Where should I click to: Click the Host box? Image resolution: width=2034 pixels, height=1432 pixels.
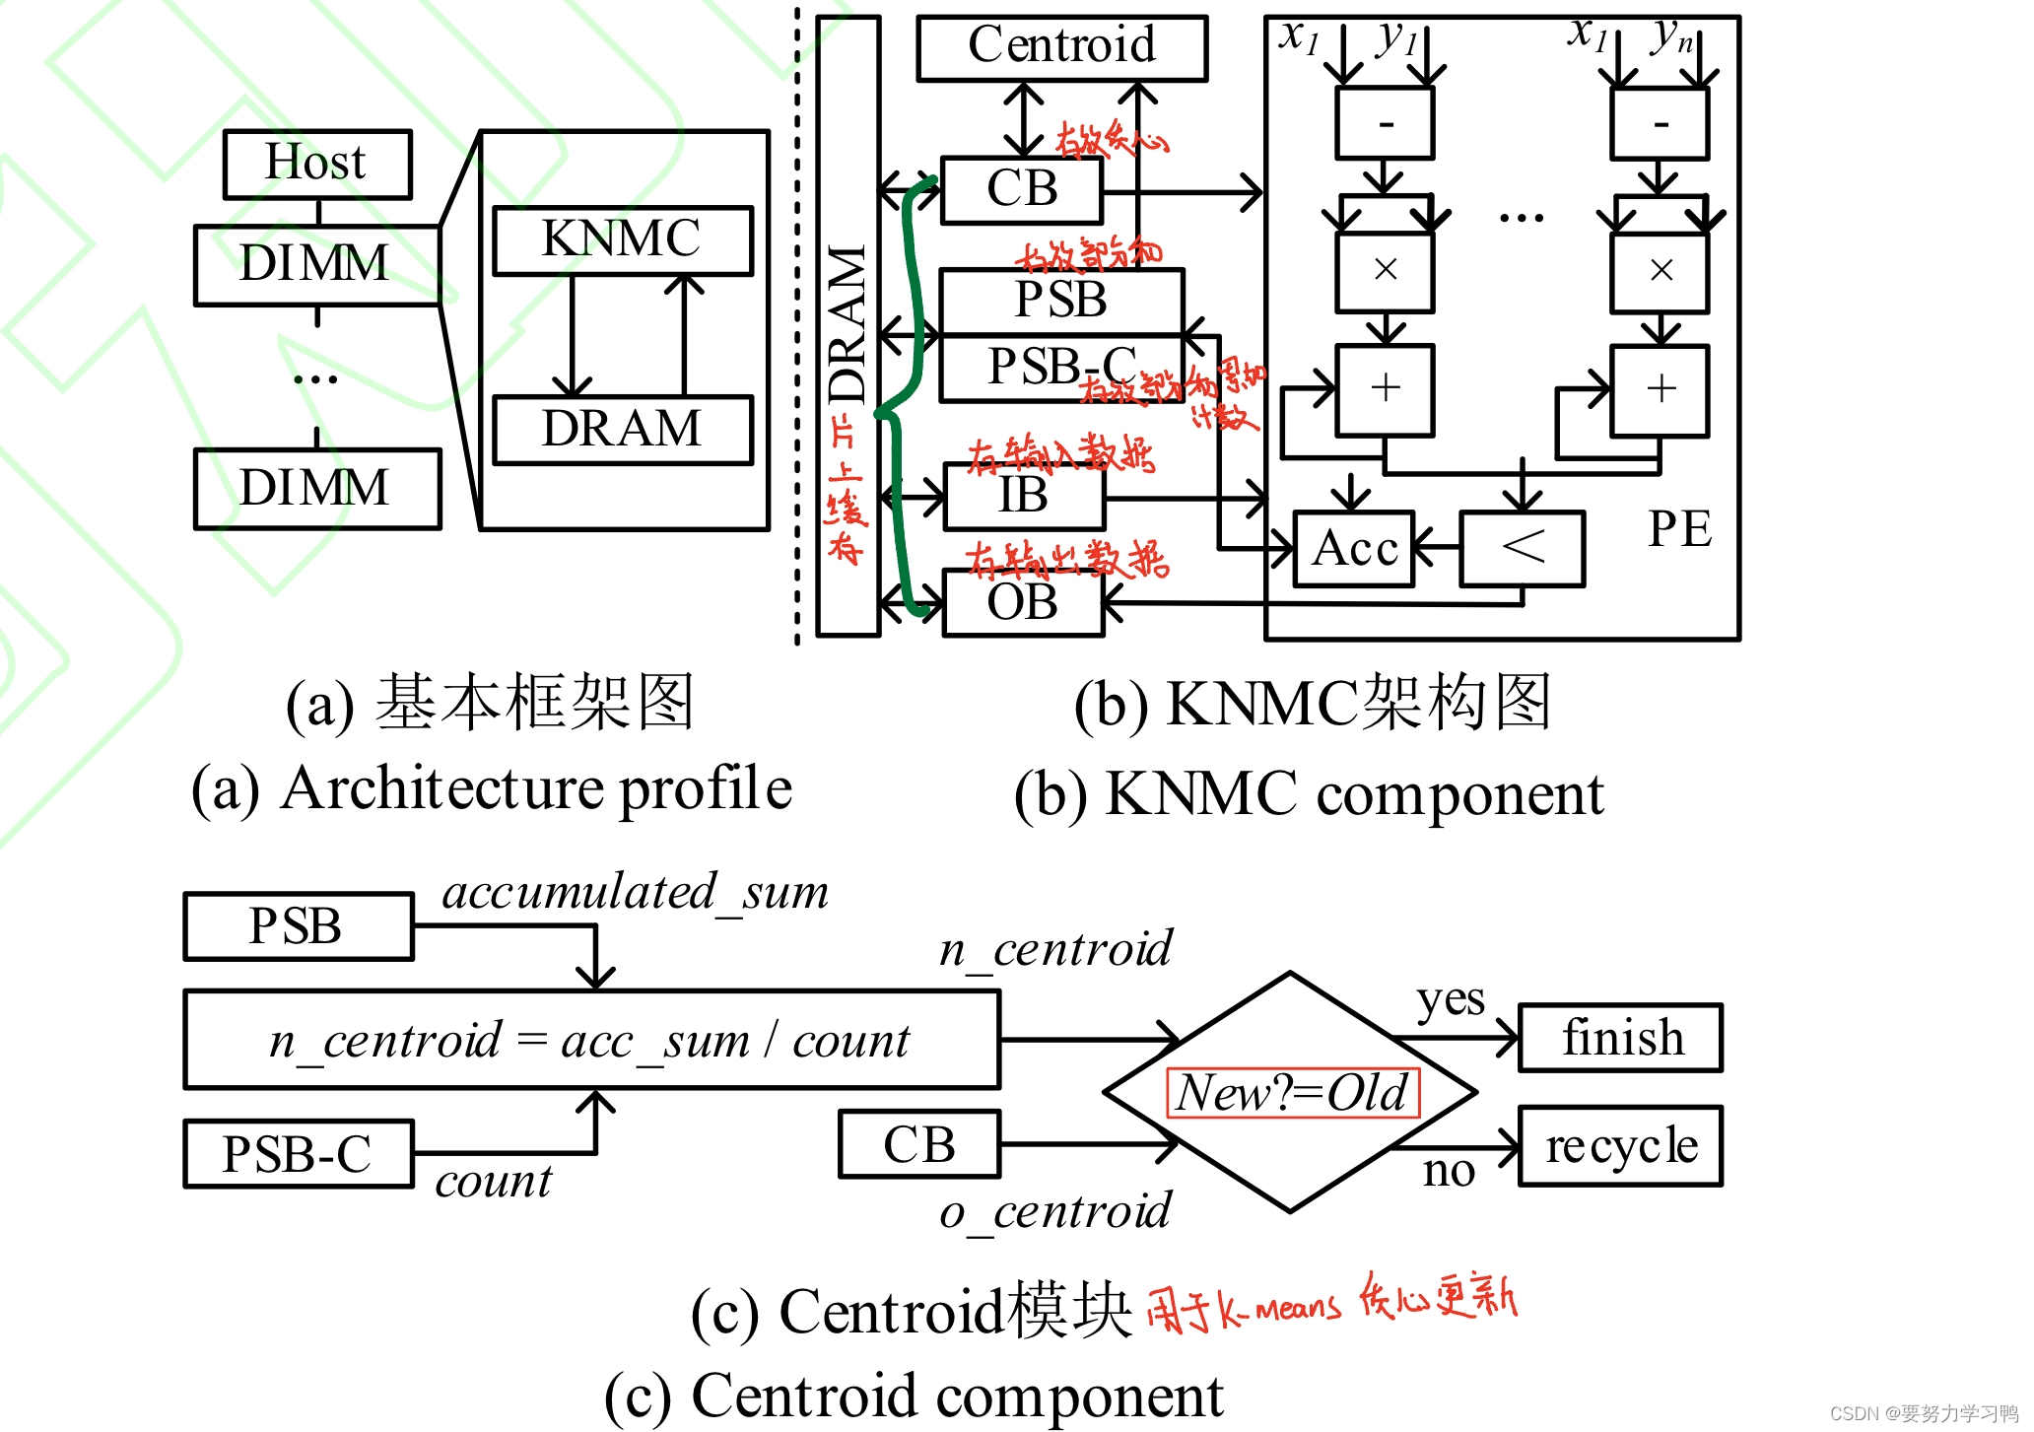tap(316, 164)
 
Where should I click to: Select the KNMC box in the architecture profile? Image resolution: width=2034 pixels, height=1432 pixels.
tap(622, 239)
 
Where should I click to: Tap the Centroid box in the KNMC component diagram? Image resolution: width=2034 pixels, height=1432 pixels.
tap(1061, 46)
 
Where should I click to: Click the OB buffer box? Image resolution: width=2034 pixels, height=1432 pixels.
tap(1022, 603)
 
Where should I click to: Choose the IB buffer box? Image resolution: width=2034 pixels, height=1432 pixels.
tap(1024, 496)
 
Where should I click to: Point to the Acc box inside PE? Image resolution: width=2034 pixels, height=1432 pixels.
tap(1354, 549)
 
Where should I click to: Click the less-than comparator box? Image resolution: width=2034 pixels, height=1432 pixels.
tap(1523, 548)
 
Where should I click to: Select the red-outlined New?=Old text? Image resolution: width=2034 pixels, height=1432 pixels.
tap(1292, 1093)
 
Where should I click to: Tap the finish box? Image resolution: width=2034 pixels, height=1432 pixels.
tap(1620, 1038)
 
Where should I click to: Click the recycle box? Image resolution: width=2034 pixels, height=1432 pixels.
tap(1620, 1146)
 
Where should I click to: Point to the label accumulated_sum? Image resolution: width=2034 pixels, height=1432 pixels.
tap(635, 893)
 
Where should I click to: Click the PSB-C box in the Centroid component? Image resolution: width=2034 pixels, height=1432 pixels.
tap(298, 1154)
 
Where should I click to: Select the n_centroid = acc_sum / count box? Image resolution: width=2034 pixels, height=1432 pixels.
tap(591, 1040)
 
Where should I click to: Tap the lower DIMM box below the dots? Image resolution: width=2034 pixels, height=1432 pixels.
tap(316, 489)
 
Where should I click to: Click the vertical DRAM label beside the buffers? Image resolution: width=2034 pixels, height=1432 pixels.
tap(847, 325)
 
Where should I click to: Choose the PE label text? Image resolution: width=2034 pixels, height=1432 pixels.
tap(1679, 530)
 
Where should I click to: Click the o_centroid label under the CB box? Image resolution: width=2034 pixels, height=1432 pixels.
tap(1055, 1212)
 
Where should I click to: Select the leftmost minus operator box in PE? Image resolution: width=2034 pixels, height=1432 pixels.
tap(1384, 124)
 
